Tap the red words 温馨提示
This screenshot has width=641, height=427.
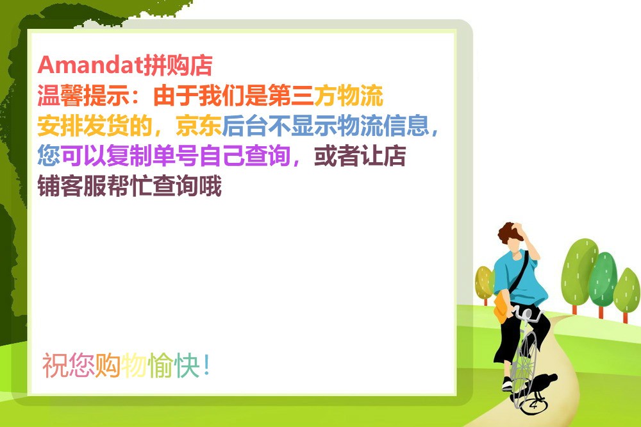click(83, 96)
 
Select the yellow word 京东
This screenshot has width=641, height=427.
click(199, 126)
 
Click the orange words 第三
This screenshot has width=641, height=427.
click(291, 96)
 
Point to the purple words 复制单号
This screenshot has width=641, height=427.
click(153, 156)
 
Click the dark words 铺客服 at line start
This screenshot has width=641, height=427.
click(72, 186)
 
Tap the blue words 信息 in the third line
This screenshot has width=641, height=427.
click(406, 126)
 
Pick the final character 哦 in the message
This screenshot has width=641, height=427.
click(210, 186)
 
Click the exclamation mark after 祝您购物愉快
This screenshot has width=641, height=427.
click(206, 365)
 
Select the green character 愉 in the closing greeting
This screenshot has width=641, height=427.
click(161, 365)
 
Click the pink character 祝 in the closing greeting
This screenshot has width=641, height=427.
click(55, 365)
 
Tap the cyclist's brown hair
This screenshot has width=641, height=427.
click(509, 233)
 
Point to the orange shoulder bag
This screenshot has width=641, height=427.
click(501, 307)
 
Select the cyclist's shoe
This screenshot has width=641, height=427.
click(507, 384)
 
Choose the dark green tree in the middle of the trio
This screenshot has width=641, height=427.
click(603, 282)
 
